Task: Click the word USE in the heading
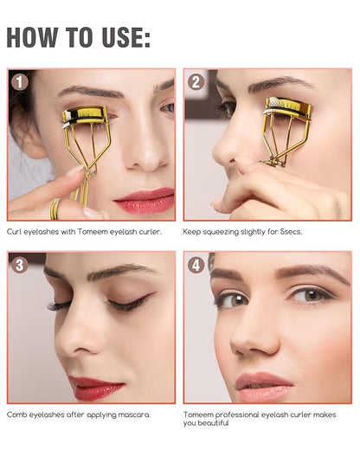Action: click(125, 37)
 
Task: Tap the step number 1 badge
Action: click(20, 82)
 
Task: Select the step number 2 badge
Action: click(196, 82)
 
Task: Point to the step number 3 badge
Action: click(20, 265)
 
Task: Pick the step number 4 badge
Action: click(196, 265)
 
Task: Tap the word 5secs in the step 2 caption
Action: click(291, 232)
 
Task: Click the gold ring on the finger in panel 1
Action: click(55, 209)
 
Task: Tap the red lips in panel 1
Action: click(145, 200)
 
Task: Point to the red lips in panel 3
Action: click(98, 388)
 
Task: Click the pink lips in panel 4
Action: click(264, 386)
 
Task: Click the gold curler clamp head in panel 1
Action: click(85, 117)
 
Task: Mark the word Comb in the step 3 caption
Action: click(16, 415)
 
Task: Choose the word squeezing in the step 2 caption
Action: click(222, 232)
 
